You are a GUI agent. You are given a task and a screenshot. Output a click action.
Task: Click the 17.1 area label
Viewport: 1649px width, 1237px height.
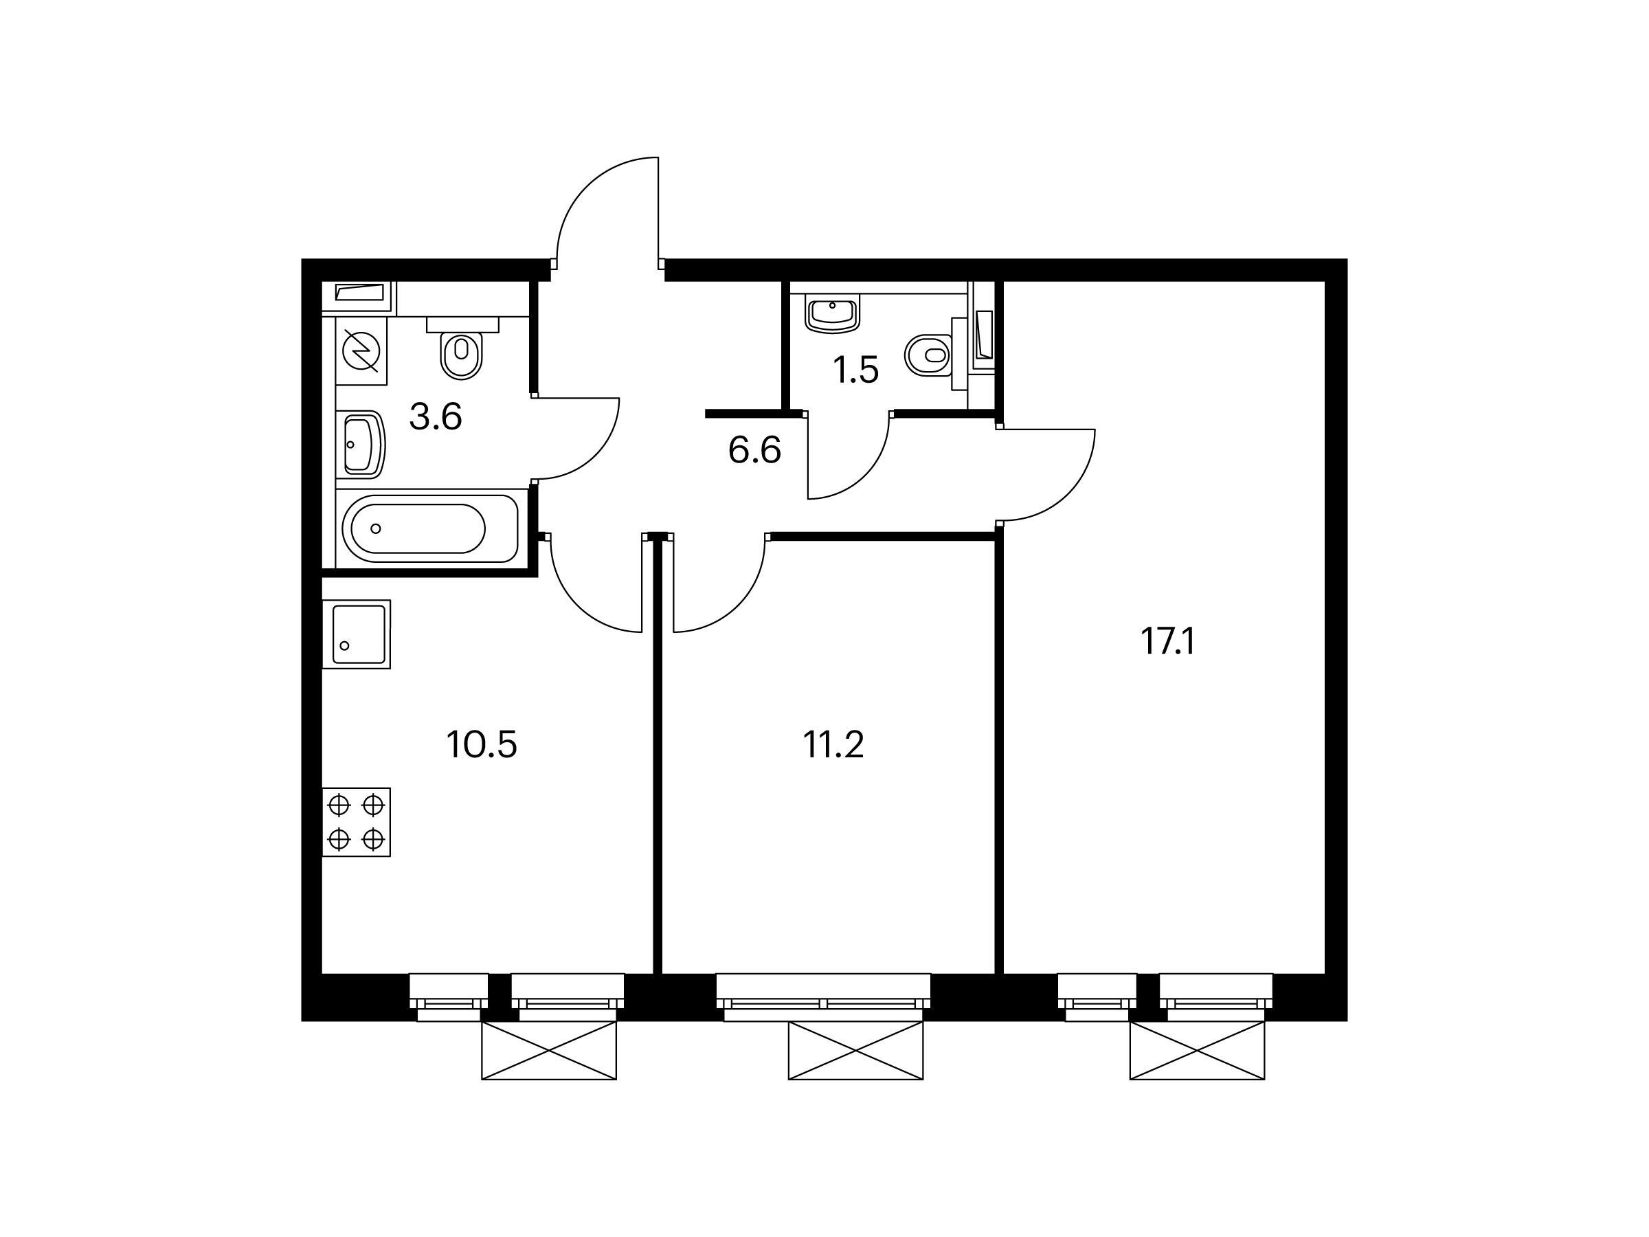coord(1167,641)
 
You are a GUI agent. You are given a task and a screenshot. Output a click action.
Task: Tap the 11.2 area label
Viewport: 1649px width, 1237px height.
coord(833,744)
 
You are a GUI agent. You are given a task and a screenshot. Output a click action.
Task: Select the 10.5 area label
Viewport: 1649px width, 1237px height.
coord(482,744)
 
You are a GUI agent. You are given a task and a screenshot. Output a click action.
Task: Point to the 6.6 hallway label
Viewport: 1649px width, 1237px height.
coord(754,450)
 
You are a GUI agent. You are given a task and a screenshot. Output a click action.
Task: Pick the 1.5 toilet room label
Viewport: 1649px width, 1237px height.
coord(856,370)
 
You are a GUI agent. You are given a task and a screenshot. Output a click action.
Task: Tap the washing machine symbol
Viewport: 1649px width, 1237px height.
coord(361,351)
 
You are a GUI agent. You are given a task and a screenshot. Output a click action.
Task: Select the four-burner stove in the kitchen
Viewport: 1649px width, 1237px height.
coord(357,822)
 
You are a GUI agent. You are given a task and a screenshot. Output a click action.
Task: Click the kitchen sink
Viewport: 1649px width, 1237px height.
coord(357,634)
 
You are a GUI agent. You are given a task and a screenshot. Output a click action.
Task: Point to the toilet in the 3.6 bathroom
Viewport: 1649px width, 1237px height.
coord(462,348)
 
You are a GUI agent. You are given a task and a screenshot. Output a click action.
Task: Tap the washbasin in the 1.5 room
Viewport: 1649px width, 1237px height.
coord(833,313)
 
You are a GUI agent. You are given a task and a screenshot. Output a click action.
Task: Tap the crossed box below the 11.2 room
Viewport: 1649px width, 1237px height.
coord(856,1051)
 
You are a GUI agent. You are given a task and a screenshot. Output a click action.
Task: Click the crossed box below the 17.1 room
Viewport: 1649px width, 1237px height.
coord(1197,1051)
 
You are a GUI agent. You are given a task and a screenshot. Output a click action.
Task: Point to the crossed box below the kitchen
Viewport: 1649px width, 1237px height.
coord(550,1051)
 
